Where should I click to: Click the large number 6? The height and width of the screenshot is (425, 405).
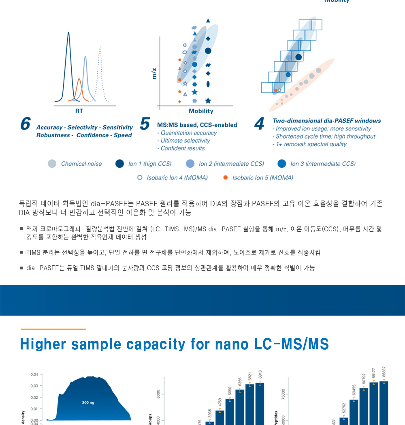pyautogui.click(x=26, y=124)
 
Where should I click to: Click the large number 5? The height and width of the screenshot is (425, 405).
pyautogui.click(x=145, y=124)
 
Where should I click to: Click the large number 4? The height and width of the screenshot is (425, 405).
pyautogui.click(x=260, y=124)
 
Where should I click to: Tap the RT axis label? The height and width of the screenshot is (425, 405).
pyautogui.click(x=79, y=111)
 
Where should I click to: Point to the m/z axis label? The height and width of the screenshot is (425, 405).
pyautogui.click(x=154, y=73)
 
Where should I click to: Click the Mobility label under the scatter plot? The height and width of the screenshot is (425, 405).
pyautogui.click(x=201, y=111)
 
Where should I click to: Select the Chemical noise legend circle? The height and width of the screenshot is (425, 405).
pyautogui.click(x=52, y=164)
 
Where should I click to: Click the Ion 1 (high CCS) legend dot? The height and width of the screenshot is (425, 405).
pyautogui.click(x=119, y=164)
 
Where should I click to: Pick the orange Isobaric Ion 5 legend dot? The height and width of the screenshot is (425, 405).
pyautogui.click(x=226, y=177)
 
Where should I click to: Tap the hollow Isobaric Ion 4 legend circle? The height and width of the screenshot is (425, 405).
pyautogui.click(x=140, y=177)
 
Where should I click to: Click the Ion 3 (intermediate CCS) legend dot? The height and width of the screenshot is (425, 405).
pyautogui.click(x=282, y=164)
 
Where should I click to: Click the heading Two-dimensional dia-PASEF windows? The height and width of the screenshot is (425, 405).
pyautogui.click(x=326, y=121)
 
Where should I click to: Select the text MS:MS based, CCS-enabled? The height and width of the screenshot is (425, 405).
pyautogui.click(x=197, y=125)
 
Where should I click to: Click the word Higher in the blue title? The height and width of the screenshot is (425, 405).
pyautogui.click(x=43, y=344)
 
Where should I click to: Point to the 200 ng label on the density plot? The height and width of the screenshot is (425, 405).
pyautogui.click(x=88, y=402)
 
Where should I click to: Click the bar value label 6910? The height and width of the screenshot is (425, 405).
pyautogui.click(x=260, y=374)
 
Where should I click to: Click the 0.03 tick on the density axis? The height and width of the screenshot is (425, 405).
pyautogui.click(x=34, y=386)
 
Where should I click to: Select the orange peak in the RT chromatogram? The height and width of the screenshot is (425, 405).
pyautogui.click(x=79, y=87)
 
